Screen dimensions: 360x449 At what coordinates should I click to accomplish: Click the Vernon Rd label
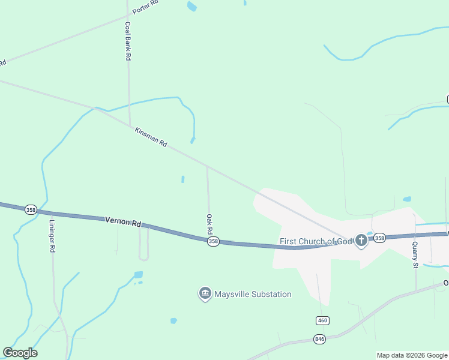pos(122,221)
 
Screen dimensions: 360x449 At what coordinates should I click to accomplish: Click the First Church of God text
pos(317,242)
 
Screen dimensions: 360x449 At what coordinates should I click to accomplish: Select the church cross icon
pos(361,241)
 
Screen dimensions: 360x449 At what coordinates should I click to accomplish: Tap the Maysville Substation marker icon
pos(205,294)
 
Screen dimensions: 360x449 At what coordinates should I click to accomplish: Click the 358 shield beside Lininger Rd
pos(31,209)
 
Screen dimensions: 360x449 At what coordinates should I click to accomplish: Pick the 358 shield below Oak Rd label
pos(213,241)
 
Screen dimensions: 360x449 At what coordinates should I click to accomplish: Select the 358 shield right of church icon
pos(379,238)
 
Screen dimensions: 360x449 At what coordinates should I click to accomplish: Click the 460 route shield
pos(322,320)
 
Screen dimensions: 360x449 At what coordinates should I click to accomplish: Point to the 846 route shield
pos(320,339)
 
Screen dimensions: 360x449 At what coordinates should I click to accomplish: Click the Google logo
pos(20,353)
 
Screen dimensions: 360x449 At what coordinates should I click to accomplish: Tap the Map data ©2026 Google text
pos(412,355)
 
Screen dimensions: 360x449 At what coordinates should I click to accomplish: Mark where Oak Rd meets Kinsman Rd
pos(207,166)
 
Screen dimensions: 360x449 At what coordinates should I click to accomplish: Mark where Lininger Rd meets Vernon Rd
pos(52,213)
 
